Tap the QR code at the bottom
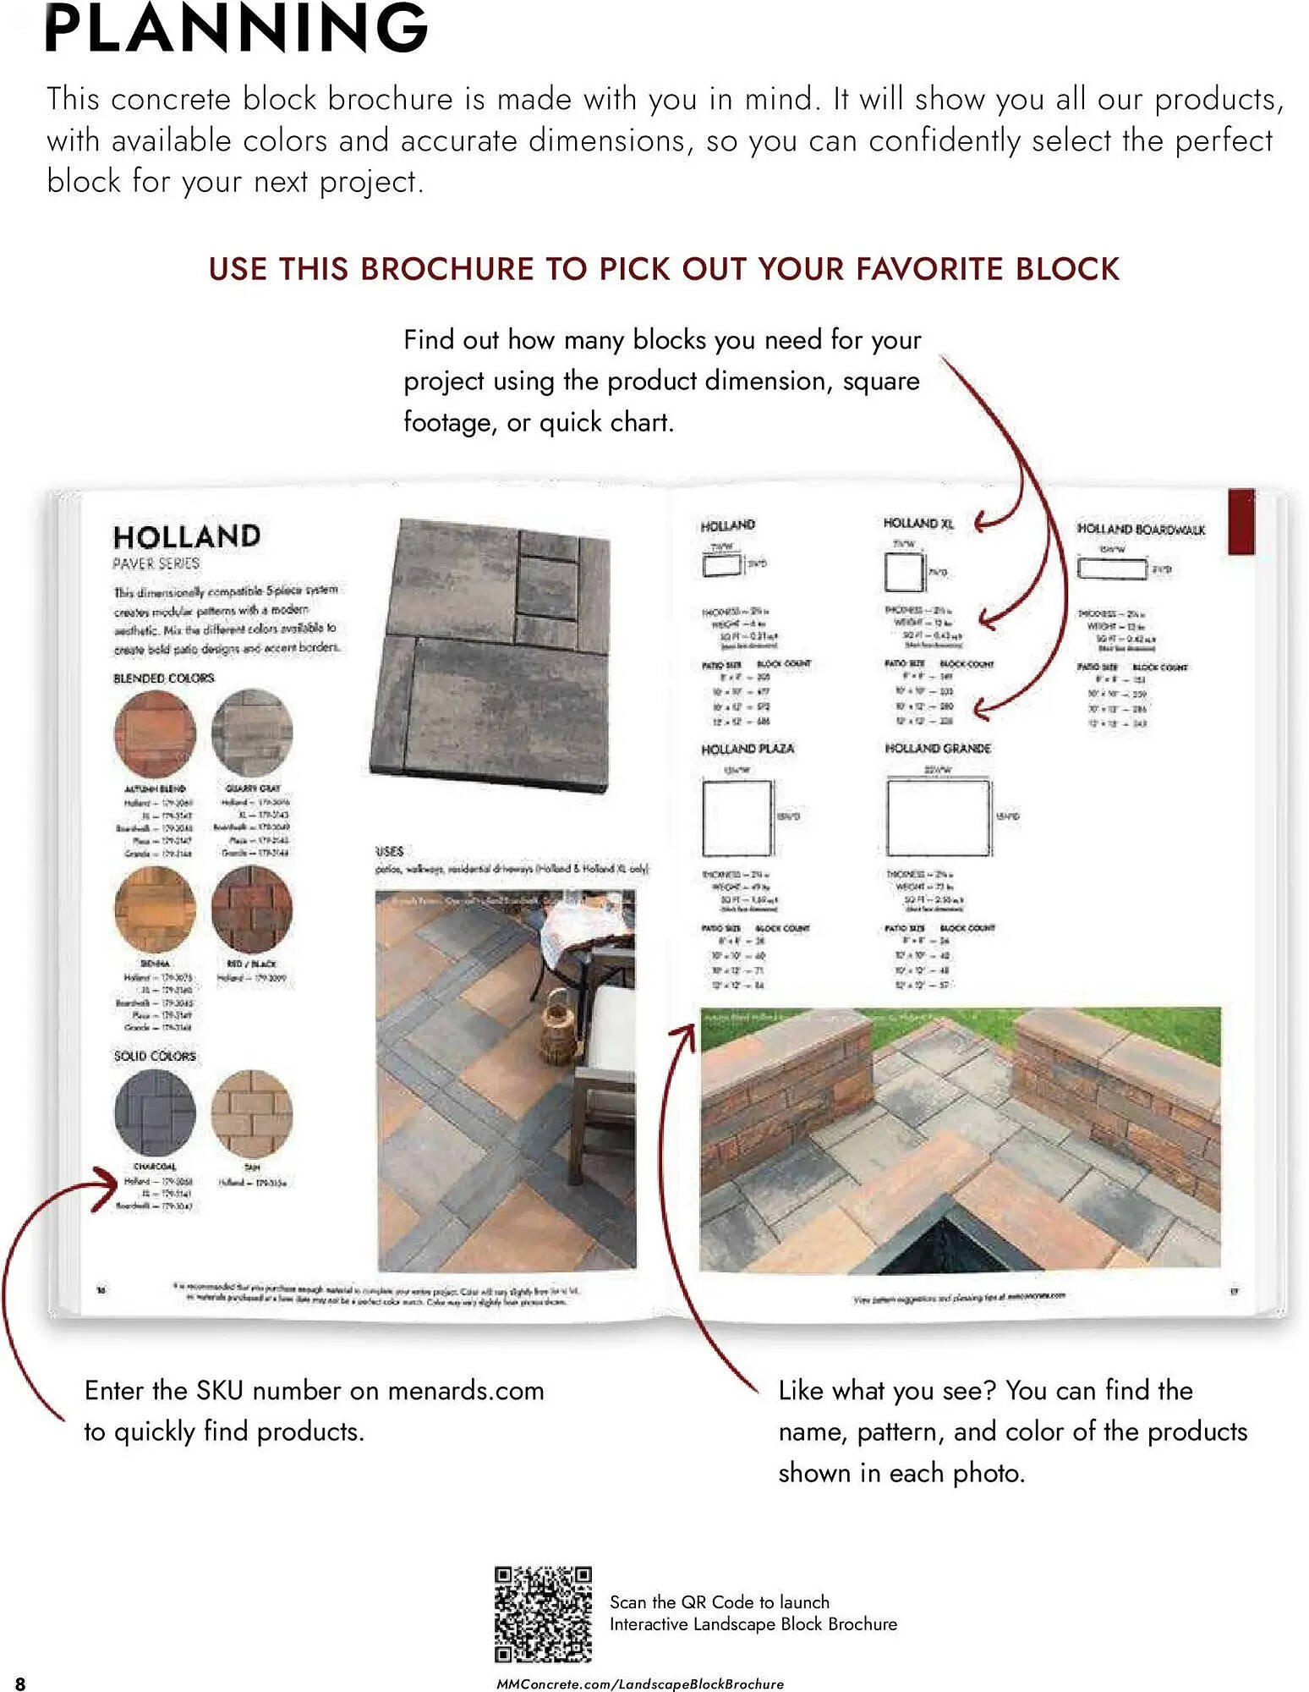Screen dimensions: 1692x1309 (x=542, y=1614)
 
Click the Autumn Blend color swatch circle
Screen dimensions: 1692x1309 (x=155, y=733)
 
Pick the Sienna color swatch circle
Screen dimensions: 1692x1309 (x=155, y=909)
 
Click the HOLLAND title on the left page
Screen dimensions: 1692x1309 (x=187, y=536)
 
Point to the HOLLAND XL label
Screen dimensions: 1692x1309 (x=917, y=524)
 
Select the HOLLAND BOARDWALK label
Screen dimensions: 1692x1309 (x=1141, y=529)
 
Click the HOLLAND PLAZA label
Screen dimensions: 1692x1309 (x=747, y=749)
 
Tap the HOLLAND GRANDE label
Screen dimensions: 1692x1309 (x=937, y=748)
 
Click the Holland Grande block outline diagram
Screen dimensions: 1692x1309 (x=938, y=817)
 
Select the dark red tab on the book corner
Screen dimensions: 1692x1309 (x=1241, y=522)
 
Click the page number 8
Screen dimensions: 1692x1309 (x=20, y=1683)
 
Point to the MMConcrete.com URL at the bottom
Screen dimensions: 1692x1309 (x=639, y=1684)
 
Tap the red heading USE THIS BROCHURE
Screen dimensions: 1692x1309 (x=664, y=269)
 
